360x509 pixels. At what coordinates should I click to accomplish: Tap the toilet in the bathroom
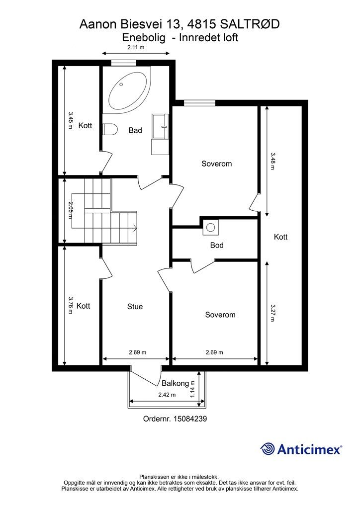pyautogui.click(x=110, y=130)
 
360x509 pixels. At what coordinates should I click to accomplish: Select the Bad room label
pyautogui.click(x=135, y=130)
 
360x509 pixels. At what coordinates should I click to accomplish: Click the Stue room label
pyautogui.click(x=135, y=306)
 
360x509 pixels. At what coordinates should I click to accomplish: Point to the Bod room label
pyautogui.click(x=217, y=245)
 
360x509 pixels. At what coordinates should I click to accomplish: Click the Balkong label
pyautogui.click(x=176, y=383)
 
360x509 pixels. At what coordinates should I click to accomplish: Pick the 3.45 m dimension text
pyautogui.click(x=71, y=120)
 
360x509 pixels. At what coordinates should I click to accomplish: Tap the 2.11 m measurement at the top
pyautogui.click(x=136, y=47)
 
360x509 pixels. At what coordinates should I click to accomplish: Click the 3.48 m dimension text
pyautogui.click(x=272, y=161)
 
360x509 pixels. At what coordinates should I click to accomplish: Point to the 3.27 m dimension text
pyautogui.click(x=272, y=313)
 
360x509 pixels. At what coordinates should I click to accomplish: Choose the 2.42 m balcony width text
pyautogui.click(x=167, y=395)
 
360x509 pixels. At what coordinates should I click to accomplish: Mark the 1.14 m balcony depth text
pyautogui.click(x=192, y=389)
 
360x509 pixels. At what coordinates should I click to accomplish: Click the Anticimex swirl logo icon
pyautogui.click(x=268, y=449)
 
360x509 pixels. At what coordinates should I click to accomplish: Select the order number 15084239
pyautogui.click(x=190, y=419)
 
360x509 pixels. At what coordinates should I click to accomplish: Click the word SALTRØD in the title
pyautogui.click(x=250, y=24)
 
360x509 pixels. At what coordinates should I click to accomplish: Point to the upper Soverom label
pyautogui.click(x=216, y=164)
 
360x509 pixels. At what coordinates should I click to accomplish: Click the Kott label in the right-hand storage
pyautogui.click(x=280, y=237)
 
